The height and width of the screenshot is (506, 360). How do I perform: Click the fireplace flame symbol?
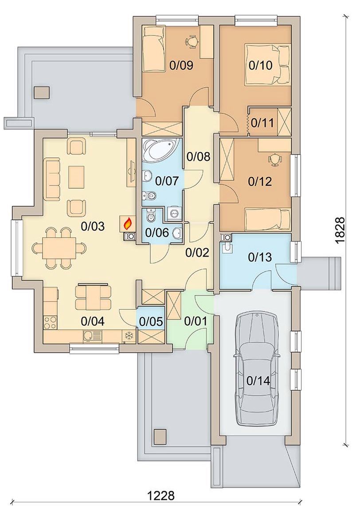click(128, 223)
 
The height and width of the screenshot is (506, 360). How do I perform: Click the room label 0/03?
click(93, 226)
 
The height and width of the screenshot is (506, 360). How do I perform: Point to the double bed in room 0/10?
click(267, 65)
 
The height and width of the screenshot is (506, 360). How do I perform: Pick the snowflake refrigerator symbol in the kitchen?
click(129, 336)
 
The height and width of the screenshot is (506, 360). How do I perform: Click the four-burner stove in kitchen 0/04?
click(51, 322)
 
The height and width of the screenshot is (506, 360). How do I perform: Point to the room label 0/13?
click(260, 257)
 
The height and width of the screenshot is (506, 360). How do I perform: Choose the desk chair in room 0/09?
click(192, 41)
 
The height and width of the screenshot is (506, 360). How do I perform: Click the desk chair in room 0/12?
click(274, 160)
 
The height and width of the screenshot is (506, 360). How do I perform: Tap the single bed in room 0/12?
click(268, 219)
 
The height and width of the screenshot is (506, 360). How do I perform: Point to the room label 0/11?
click(262, 123)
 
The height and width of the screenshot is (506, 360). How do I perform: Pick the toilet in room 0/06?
click(151, 215)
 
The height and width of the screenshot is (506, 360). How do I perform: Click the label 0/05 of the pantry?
click(151, 321)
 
